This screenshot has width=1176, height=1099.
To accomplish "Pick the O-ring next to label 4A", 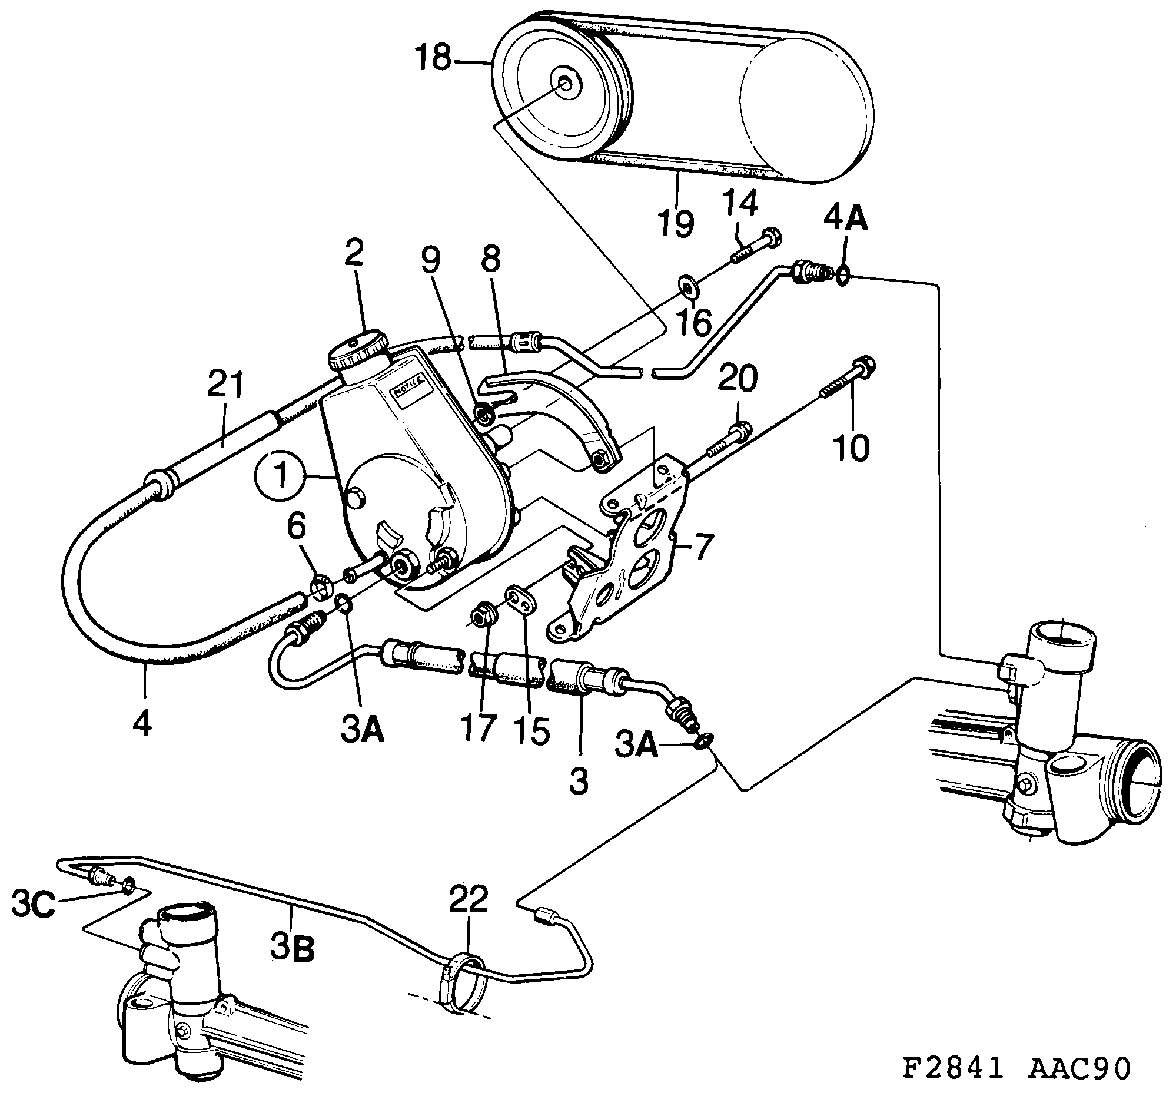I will (x=844, y=274).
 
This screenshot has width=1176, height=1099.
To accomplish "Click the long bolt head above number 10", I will (x=864, y=368).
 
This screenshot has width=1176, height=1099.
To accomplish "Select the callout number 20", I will (x=738, y=379).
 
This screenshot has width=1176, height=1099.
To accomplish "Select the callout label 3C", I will (x=34, y=906).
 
